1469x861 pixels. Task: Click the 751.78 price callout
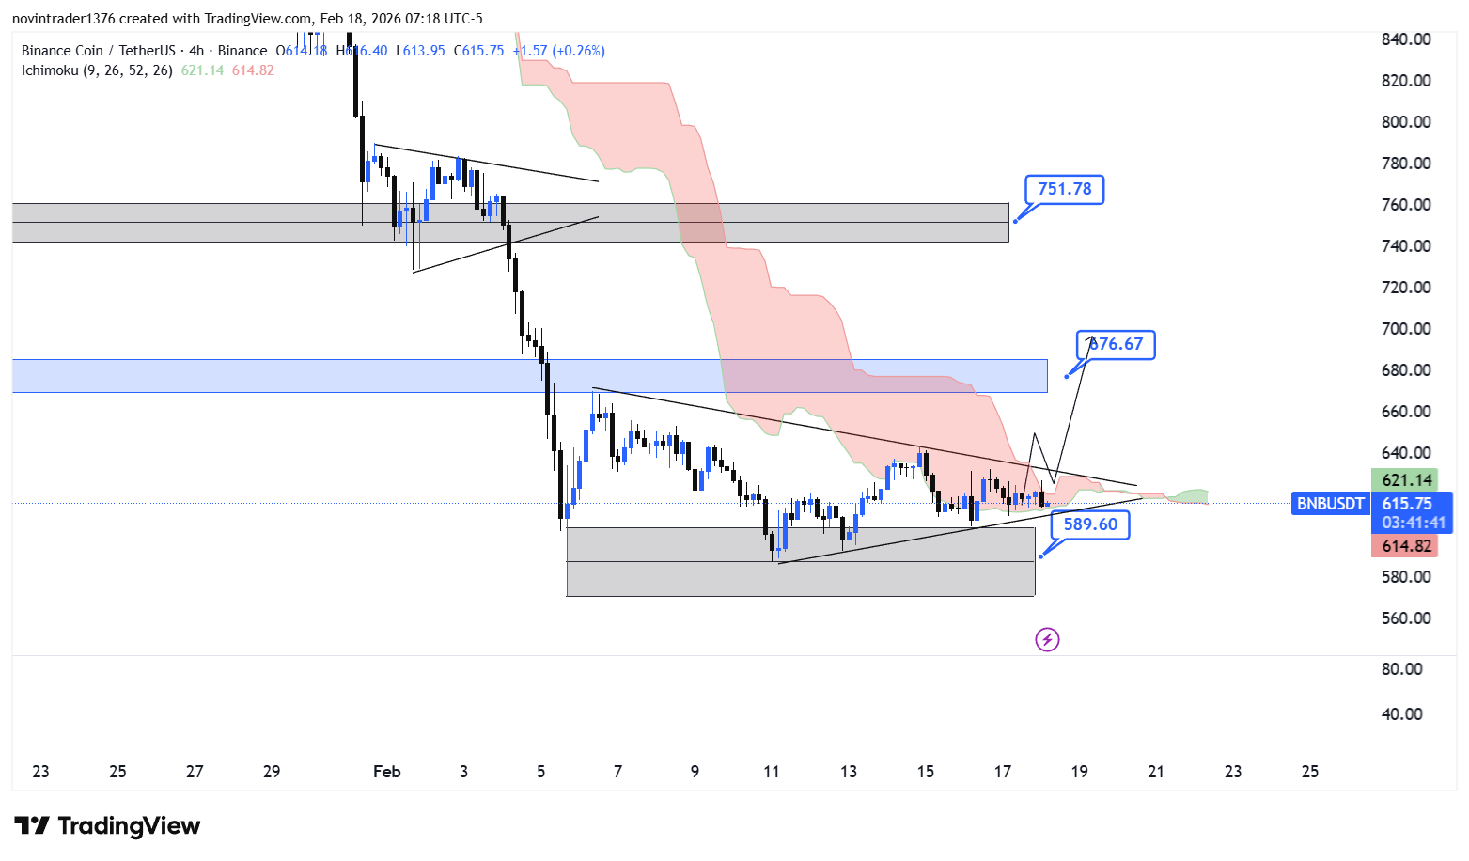[x=1064, y=190]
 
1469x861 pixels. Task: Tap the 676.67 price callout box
[x=1116, y=345]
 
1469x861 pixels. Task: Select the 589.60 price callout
[x=1090, y=524]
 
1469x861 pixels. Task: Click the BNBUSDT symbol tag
[x=1330, y=504]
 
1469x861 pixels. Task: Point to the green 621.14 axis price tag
[x=1406, y=480]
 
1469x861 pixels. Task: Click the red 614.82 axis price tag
[x=1406, y=546]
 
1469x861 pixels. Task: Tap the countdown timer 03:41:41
[x=1413, y=523]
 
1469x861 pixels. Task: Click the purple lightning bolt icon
[x=1047, y=640]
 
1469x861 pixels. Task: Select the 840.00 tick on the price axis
[x=1406, y=39]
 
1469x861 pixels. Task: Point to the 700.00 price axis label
[x=1406, y=329]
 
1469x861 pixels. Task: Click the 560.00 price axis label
[x=1406, y=618]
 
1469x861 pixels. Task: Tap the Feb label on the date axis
[x=386, y=772]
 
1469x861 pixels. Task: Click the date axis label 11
[x=772, y=772]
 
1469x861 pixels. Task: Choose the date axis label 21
[x=1156, y=772]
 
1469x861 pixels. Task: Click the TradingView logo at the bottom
[x=107, y=826]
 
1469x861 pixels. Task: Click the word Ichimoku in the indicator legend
[x=50, y=70]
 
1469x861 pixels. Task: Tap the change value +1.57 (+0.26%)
[x=559, y=51]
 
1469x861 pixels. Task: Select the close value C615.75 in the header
[x=478, y=51]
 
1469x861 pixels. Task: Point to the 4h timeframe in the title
[x=195, y=51]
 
